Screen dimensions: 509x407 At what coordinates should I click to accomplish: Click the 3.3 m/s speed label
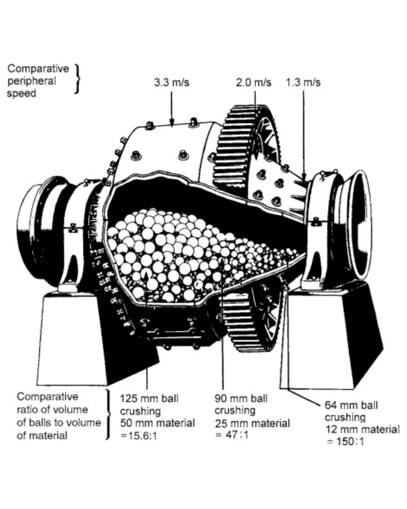click(x=171, y=83)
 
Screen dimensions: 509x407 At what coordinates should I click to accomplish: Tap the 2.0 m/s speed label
click(x=253, y=83)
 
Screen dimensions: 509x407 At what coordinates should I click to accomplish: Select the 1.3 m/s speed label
click(x=303, y=83)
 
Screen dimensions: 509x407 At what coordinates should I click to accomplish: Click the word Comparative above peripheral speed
click(x=38, y=69)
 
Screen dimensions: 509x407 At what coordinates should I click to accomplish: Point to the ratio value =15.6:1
click(x=139, y=436)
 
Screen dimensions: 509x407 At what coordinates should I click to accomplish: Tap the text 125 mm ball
click(x=149, y=399)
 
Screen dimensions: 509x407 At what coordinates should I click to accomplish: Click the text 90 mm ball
click(x=241, y=398)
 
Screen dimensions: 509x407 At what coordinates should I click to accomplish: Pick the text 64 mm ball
click(x=351, y=405)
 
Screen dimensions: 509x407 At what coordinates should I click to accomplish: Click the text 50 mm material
click(x=158, y=423)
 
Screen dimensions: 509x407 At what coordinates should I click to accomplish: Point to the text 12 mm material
click(x=362, y=429)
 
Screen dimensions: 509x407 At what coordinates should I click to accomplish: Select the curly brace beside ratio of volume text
click(x=109, y=415)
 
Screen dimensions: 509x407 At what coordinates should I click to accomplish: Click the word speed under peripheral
click(x=21, y=94)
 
